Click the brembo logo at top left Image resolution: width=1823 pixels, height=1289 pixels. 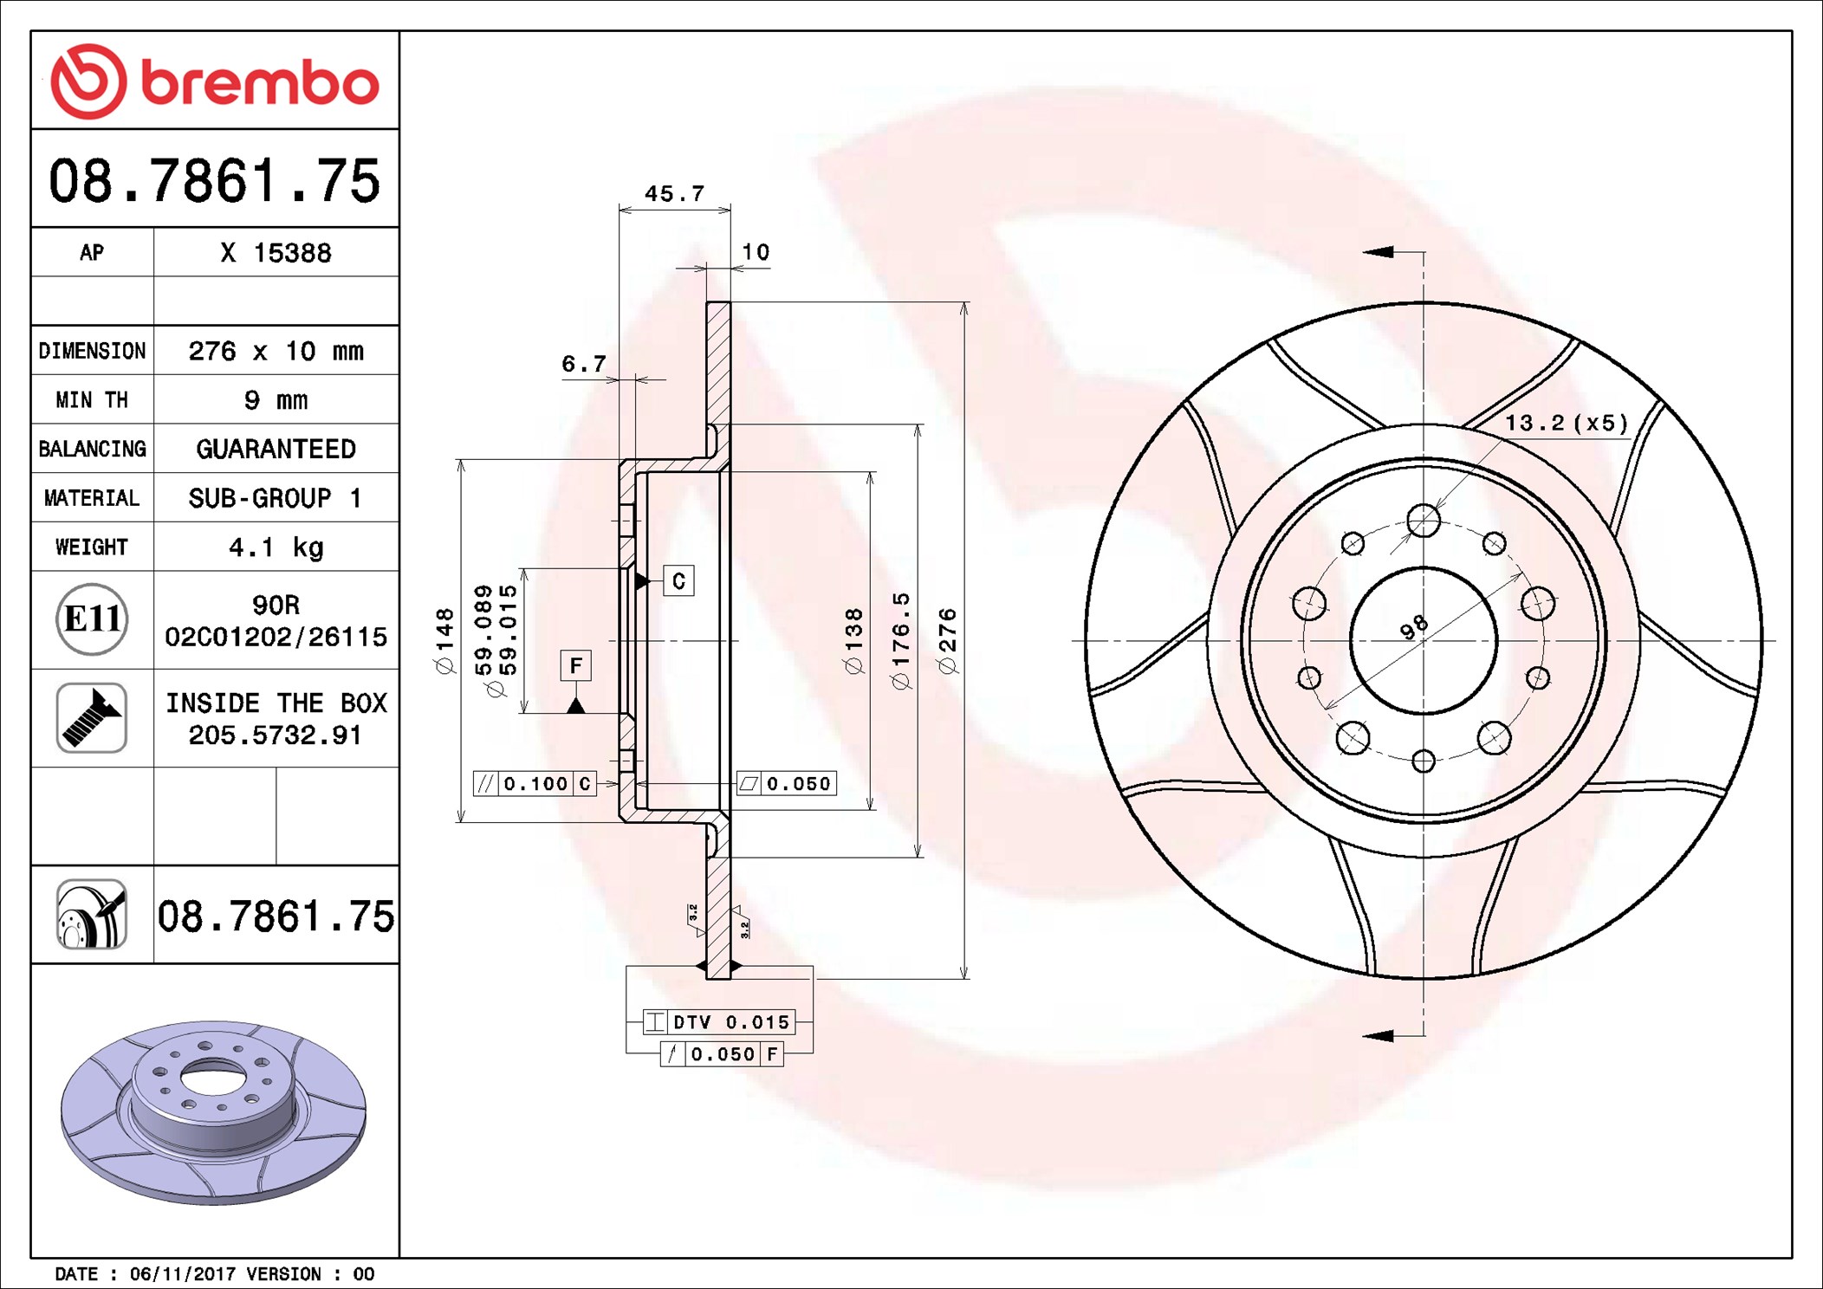(214, 81)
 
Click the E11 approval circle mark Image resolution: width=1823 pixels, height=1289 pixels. (92, 619)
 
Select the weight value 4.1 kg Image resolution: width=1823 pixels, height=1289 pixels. (276, 547)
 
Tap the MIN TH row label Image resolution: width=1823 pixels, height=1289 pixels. (92, 399)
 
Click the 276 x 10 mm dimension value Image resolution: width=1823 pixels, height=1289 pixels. (276, 351)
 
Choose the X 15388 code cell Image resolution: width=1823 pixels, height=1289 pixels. (276, 253)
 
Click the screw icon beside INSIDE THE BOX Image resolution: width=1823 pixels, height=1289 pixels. (92, 718)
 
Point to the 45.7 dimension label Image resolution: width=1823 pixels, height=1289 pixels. (674, 193)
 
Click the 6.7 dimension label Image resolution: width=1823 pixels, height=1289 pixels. (583, 363)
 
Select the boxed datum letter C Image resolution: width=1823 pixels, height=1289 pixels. (678, 580)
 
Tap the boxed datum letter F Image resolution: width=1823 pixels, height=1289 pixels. (576, 665)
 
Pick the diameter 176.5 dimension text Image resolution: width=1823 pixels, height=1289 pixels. (901, 641)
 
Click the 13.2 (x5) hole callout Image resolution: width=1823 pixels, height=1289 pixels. (1566, 423)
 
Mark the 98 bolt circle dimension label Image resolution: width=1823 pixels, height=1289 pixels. (1413, 626)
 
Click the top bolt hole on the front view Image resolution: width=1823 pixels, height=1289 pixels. (1424, 521)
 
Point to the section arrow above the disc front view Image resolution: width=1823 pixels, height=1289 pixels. (1379, 251)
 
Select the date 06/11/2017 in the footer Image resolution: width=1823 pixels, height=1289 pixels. (182, 1273)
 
